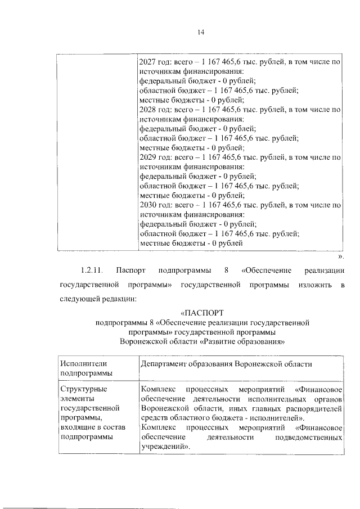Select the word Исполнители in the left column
pyautogui.click(x=83, y=364)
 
